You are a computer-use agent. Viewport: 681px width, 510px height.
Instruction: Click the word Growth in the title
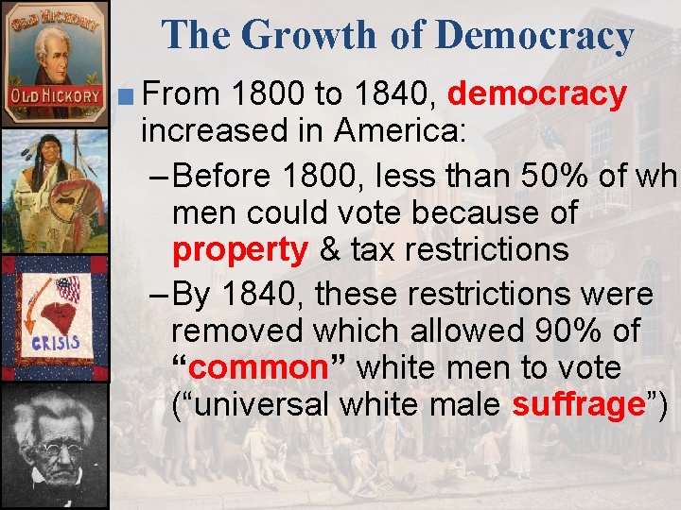pyautogui.click(x=307, y=36)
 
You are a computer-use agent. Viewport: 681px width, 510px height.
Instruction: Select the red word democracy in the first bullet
pyautogui.click(x=537, y=94)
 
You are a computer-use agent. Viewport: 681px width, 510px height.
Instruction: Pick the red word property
pyautogui.click(x=240, y=250)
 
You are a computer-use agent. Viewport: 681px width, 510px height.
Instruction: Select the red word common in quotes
pyautogui.click(x=251, y=367)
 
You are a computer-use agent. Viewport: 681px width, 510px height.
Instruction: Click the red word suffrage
pyautogui.click(x=578, y=404)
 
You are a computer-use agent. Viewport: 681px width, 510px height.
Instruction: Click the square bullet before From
pyautogui.click(x=130, y=95)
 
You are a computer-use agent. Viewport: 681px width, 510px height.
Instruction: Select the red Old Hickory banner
pyautogui.click(x=55, y=95)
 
